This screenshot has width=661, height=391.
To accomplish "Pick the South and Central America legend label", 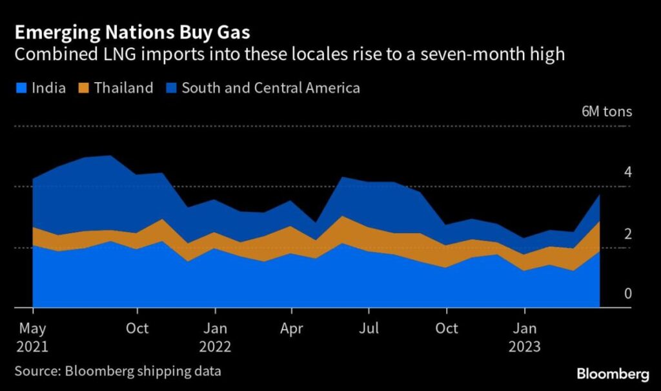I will coord(270,87).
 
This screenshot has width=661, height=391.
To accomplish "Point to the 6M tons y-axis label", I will coord(606,111).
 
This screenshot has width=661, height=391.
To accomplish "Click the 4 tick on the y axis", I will coord(627,172).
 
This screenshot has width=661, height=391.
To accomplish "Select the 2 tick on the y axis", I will coord(627,233).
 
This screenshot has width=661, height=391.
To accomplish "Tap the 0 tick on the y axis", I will coord(627,294).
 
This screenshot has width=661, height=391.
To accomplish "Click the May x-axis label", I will coord(32,328).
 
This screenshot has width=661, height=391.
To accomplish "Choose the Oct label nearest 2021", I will coord(136,328).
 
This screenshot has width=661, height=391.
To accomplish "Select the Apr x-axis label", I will coord(291,328).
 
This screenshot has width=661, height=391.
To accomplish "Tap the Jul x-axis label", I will coord(368,328).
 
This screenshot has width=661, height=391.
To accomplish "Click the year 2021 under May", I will coord(32,346).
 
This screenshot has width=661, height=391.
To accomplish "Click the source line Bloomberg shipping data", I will coord(117,372).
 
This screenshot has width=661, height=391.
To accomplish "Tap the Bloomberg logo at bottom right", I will coord(612,374).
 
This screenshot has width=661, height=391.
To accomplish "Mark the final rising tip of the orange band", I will coord(600,222).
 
